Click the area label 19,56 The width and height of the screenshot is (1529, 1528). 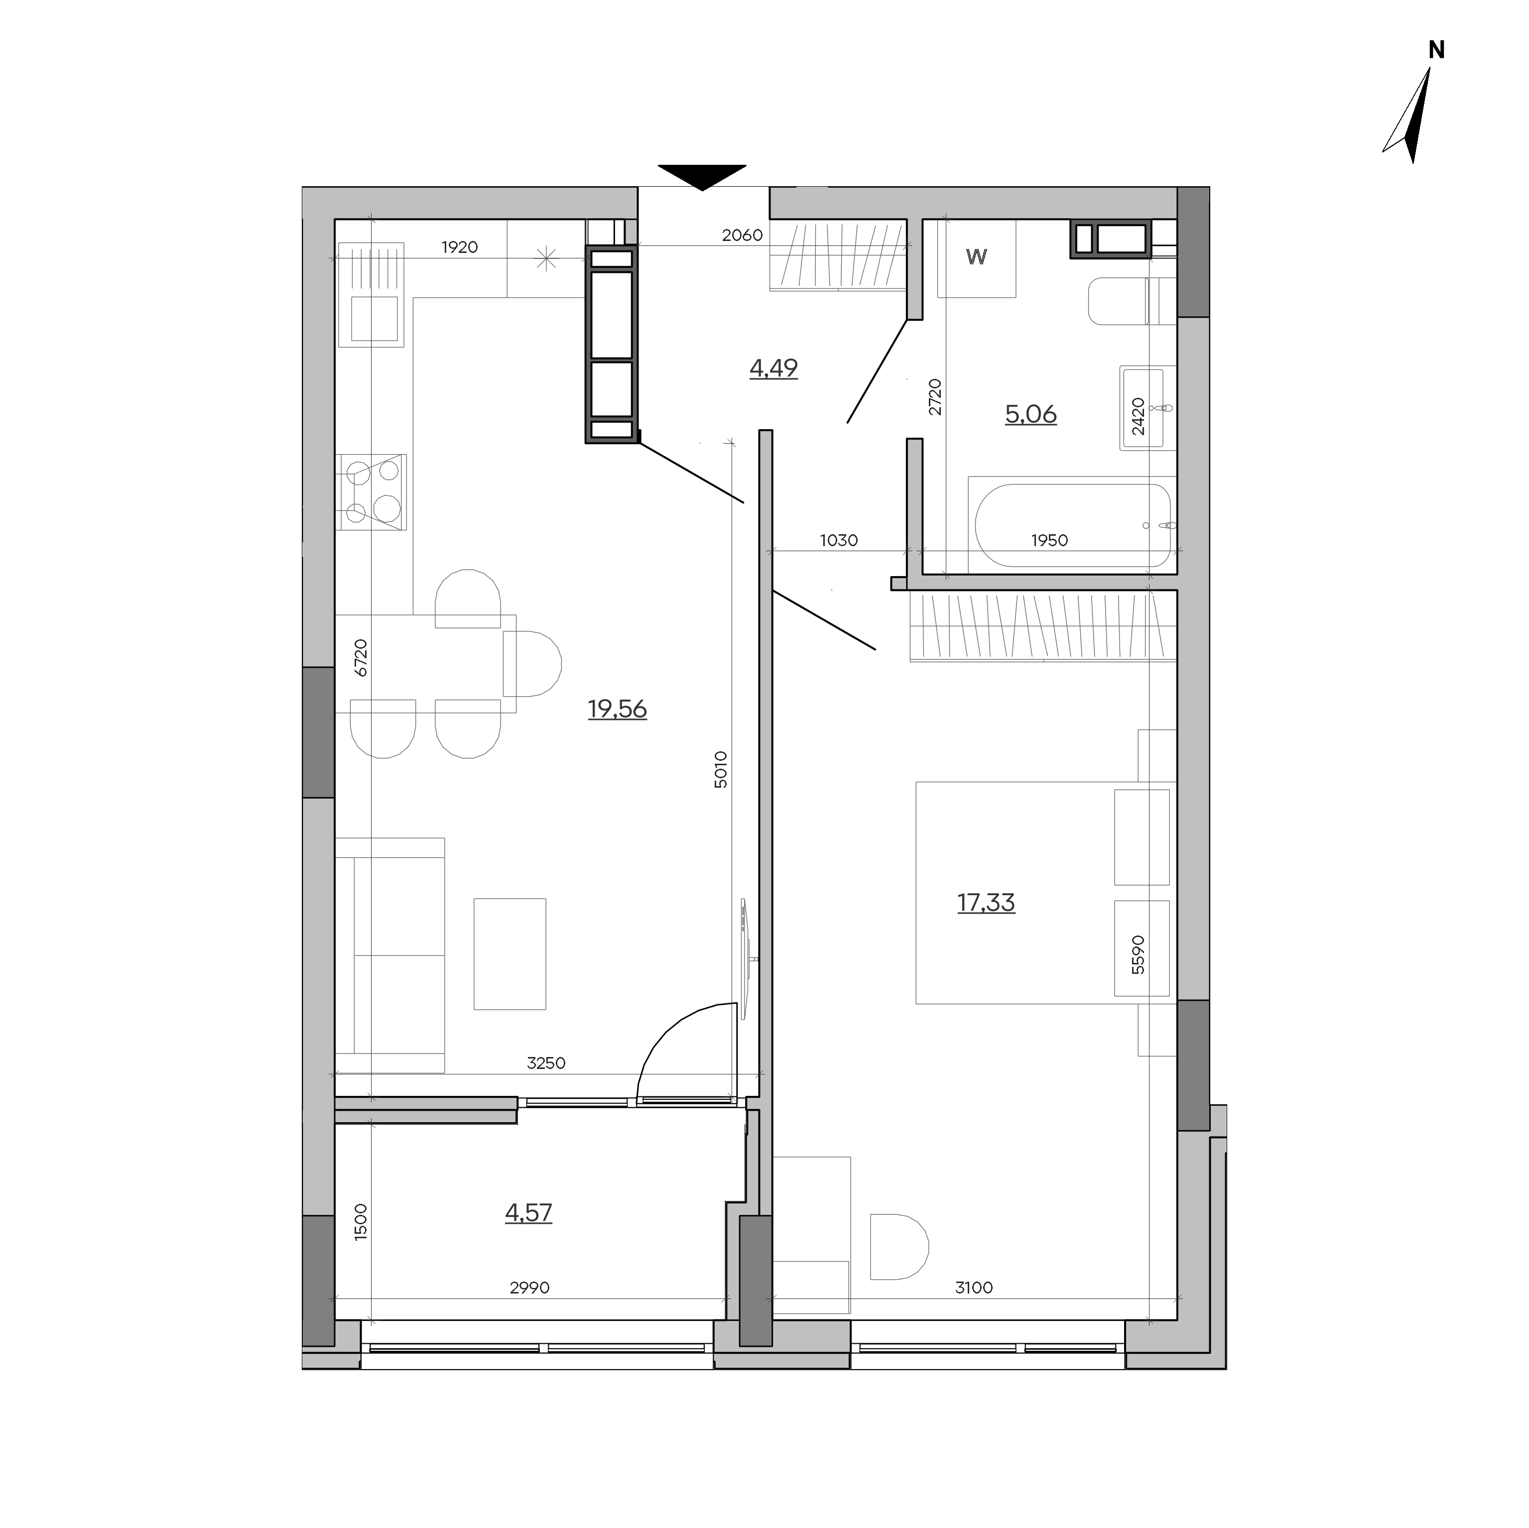(x=617, y=709)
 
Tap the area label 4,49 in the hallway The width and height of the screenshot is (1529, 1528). (x=773, y=368)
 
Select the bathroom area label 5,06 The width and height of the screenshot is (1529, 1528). (x=1030, y=414)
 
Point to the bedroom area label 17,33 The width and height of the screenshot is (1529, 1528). (x=986, y=902)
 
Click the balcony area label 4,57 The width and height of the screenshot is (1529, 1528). (x=528, y=1212)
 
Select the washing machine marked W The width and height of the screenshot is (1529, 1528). (x=977, y=258)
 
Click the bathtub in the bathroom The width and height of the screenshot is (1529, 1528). (x=1072, y=525)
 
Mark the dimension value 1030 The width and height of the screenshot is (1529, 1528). (x=839, y=541)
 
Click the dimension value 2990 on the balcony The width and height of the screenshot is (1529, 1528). (x=529, y=1288)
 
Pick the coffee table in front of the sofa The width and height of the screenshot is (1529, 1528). (x=510, y=953)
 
